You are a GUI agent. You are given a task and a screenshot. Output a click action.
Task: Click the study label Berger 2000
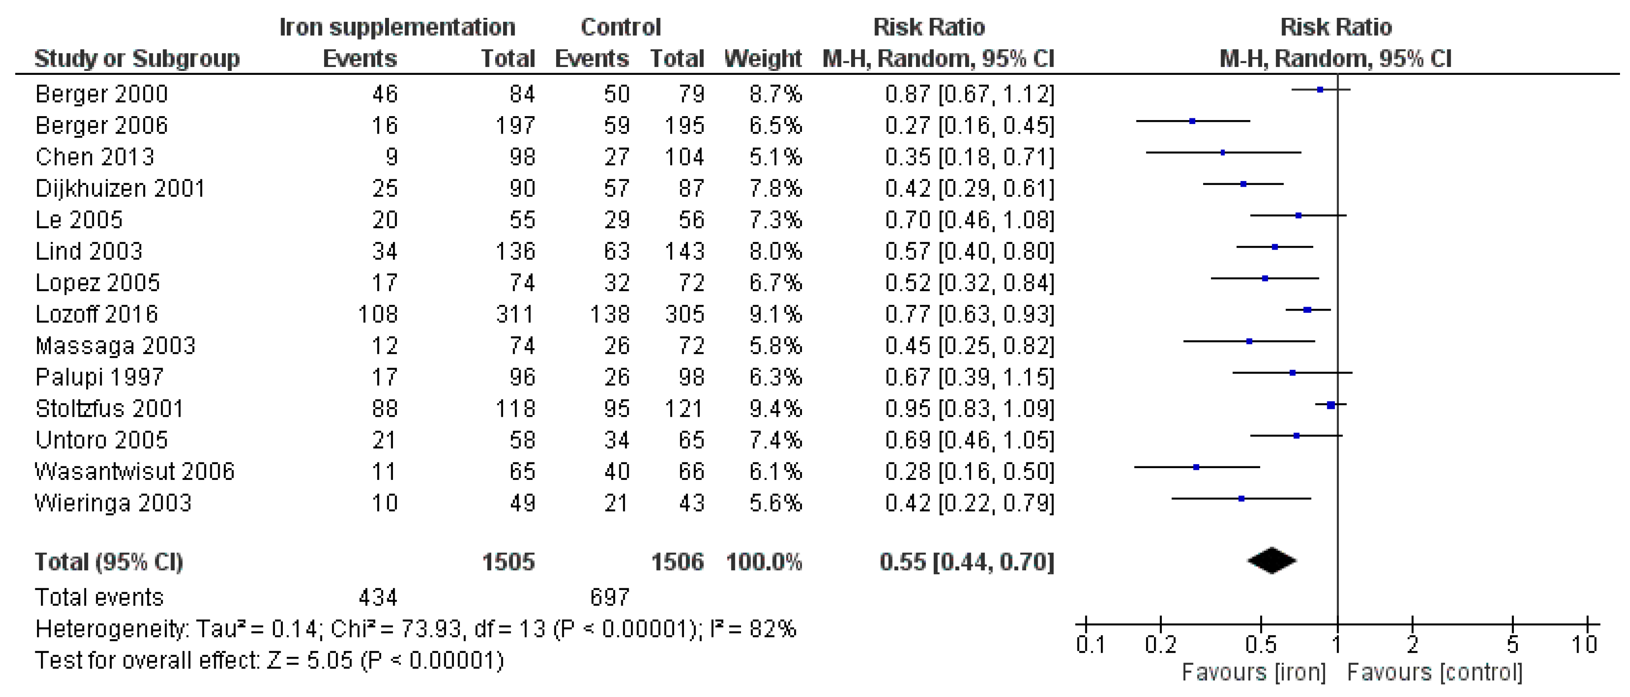(101, 94)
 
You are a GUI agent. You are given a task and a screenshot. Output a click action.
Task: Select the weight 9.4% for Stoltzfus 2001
(775, 409)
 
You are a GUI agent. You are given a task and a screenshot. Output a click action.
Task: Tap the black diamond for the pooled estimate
(1271, 560)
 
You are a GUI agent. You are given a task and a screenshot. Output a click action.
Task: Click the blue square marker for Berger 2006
(1192, 121)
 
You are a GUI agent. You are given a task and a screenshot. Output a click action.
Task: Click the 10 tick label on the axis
(1584, 644)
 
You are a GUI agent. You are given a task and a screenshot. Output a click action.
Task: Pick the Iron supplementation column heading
(397, 27)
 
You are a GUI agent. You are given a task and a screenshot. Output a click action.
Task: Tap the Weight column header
(762, 59)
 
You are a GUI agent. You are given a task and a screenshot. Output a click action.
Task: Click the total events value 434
(378, 597)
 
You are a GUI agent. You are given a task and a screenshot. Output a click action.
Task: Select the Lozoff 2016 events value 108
(378, 314)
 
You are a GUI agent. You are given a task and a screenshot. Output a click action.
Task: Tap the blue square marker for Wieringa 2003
(1241, 499)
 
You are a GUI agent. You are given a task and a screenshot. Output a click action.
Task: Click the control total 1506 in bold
(677, 562)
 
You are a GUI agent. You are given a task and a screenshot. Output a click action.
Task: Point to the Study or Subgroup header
(137, 59)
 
